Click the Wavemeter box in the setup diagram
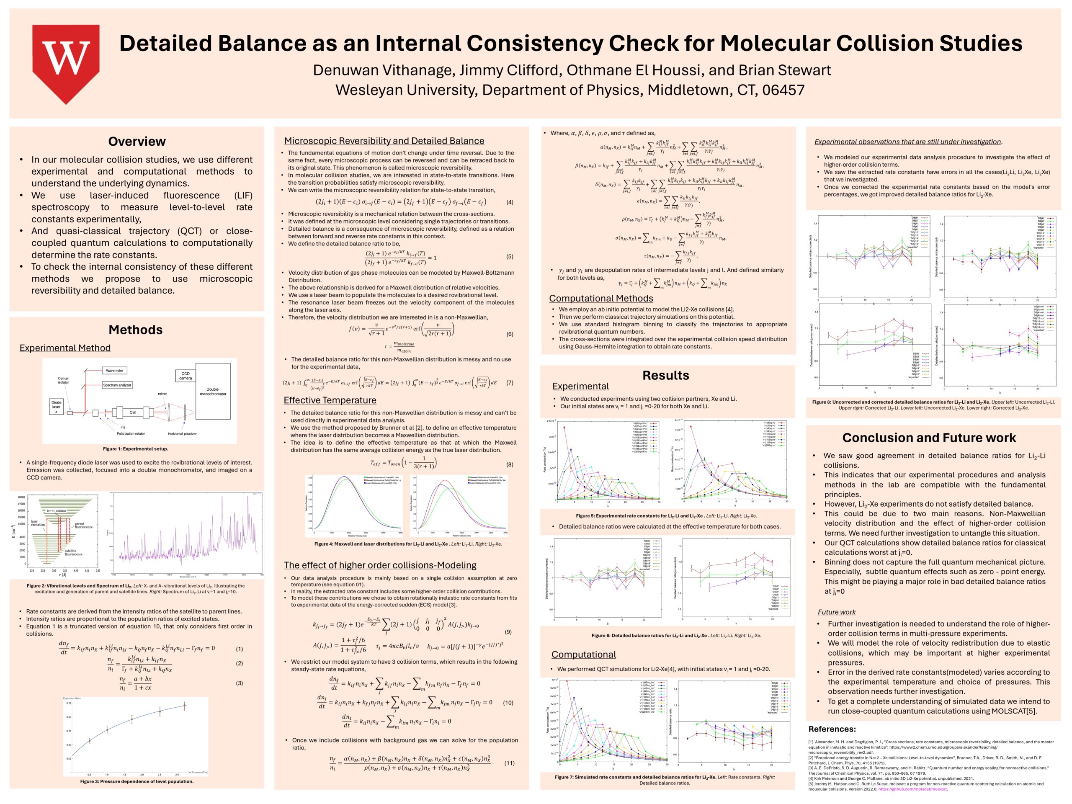pyautogui.click(x=114, y=370)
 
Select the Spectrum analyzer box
pyautogui.click(x=117, y=385)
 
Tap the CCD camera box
pyautogui.click(x=185, y=376)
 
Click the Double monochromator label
pyautogui.click(x=213, y=392)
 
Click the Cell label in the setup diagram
pyautogui.click(x=133, y=412)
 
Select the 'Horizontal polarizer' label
pyautogui.click(x=182, y=434)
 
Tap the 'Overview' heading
pyautogui.click(x=137, y=142)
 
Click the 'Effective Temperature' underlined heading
pyautogui.click(x=330, y=400)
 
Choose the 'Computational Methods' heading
pyautogui.click(x=601, y=299)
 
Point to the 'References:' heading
pyautogui.click(x=832, y=729)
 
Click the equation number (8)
pyautogui.click(x=509, y=464)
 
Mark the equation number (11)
pyautogui.click(x=509, y=763)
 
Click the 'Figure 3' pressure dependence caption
pyautogui.click(x=137, y=781)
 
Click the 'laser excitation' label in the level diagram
pyautogui.click(x=38, y=523)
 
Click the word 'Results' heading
pyautogui.click(x=665, y=375)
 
